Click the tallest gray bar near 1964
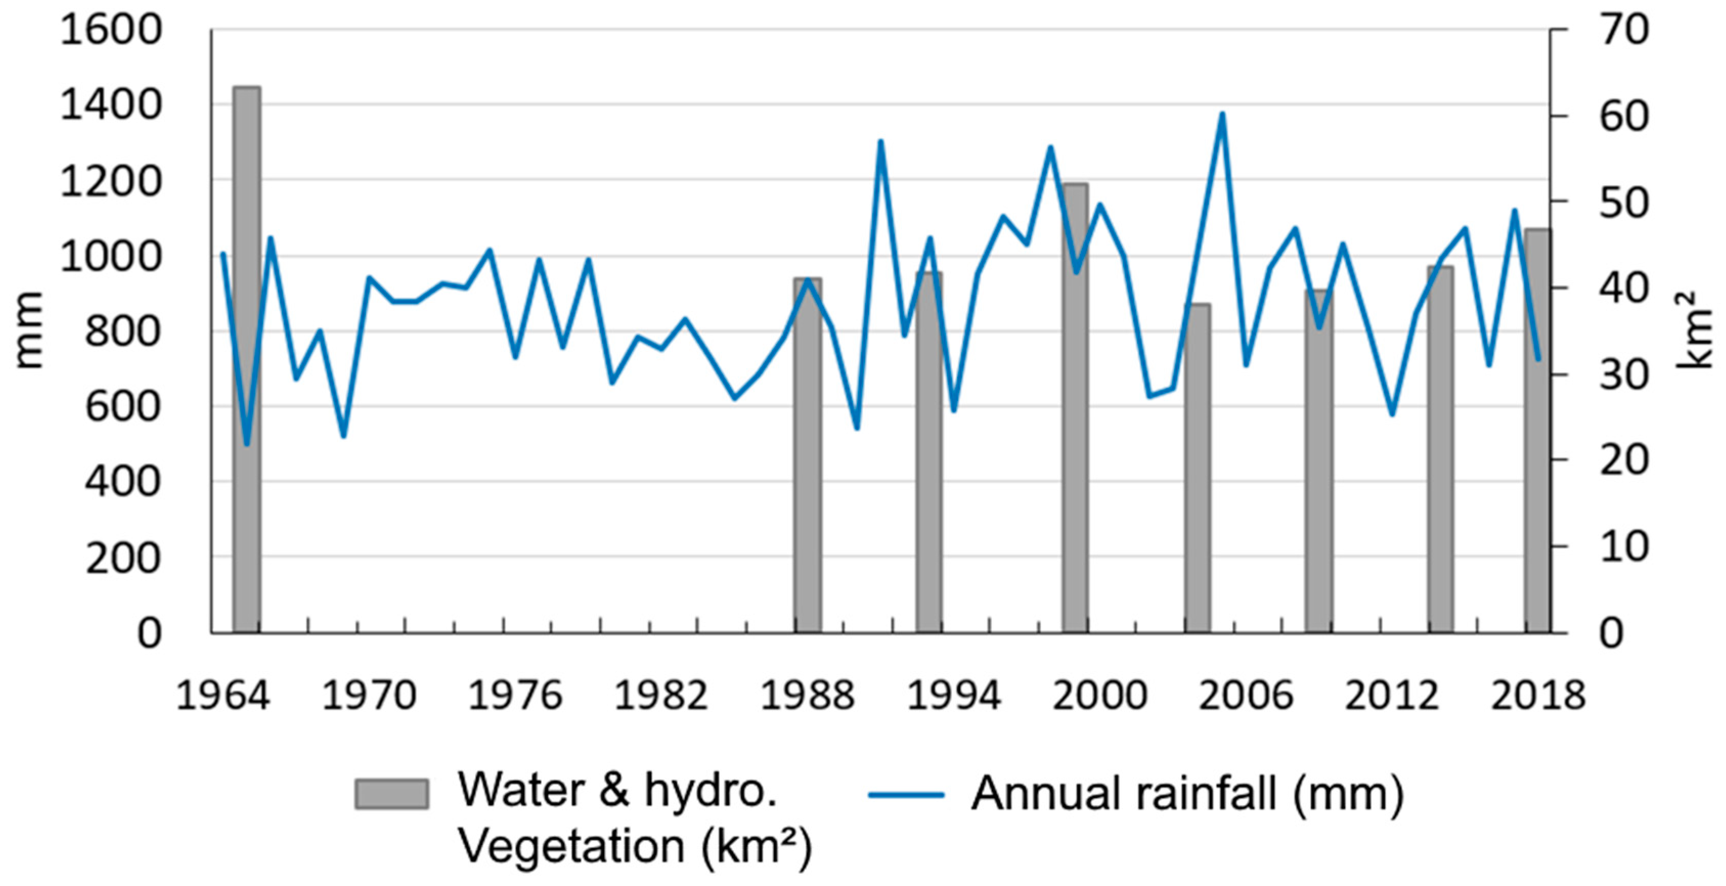pos(247,359)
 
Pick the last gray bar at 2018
pos(1538,430)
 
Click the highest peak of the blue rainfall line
pos(1222,114)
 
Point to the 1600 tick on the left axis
pos(111,30)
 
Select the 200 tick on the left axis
pos(123,557)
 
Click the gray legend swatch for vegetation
pos(391,794)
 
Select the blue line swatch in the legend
pos(906,795)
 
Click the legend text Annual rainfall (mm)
pos(1188,795)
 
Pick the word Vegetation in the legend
pos(571,847)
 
